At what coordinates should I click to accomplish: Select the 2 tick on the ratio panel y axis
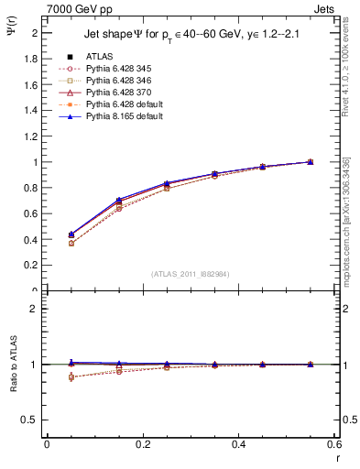tap(36, 309)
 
